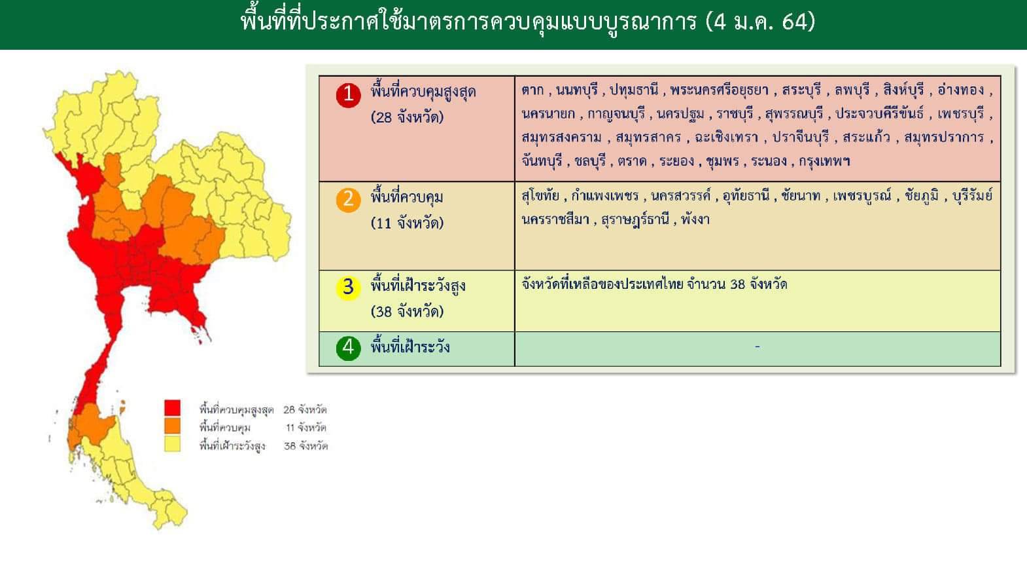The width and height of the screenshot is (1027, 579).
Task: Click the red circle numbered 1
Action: (349, 94)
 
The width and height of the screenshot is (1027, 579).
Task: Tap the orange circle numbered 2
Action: (349, 200)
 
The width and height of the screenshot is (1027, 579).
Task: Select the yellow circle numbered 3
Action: (349, 288)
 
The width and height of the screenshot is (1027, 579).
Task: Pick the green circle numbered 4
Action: (349, 348)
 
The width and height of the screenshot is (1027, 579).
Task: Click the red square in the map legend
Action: (173, 408)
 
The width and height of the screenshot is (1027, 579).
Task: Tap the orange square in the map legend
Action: (173, 426)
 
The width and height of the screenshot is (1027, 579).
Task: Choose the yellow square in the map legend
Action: (173, 444)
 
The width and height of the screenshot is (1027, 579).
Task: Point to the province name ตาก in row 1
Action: (532, 90)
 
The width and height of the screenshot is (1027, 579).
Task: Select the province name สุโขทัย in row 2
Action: (540, 196)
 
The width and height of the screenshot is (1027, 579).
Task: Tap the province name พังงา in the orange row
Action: (695, 219)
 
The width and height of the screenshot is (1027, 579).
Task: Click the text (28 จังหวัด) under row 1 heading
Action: (407, 117)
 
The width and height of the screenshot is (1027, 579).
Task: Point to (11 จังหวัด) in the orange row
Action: (407, 223)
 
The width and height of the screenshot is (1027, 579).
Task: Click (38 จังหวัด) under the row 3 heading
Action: (407, 312)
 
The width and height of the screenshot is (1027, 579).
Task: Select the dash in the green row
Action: (757, 346)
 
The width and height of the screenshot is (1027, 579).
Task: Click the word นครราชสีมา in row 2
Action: (555, 219)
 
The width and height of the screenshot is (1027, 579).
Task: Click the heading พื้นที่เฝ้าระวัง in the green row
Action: (410, 346)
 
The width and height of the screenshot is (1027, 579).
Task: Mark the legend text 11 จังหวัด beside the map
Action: (306, 428)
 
